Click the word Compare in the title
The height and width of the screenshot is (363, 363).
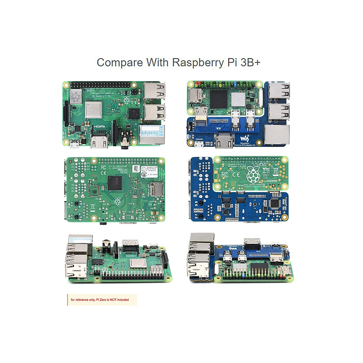119,63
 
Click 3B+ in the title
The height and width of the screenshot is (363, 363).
250,62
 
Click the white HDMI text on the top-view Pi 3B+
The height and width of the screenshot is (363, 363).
99,127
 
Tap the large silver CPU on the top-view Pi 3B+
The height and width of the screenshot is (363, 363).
93,110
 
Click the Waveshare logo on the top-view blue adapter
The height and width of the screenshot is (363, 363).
244,139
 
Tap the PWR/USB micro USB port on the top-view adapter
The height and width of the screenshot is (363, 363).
199,145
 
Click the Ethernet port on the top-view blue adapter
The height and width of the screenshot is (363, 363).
276,135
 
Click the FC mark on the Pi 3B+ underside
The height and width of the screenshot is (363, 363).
103,167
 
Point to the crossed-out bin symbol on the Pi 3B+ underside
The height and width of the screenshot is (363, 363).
93,207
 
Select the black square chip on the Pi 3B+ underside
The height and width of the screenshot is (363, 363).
115,183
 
